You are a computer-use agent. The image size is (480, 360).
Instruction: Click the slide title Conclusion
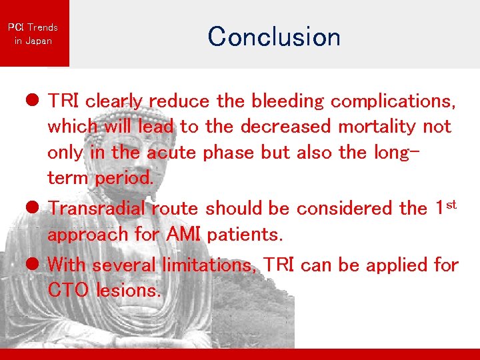(x=273, y=36)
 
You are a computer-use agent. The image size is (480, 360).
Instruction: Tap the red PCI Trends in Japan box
(x=33, y=33)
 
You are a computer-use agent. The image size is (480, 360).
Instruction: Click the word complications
(x=393, y=101)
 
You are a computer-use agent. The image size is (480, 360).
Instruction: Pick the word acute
(x=172, y=153)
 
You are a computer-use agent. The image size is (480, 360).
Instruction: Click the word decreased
(x=285, y=126)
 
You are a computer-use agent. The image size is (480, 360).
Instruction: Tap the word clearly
(x=114, y=101)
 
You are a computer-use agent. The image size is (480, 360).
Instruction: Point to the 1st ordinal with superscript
(x=445, y=207)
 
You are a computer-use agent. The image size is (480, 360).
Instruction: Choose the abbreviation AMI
(x=179, y=235)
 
